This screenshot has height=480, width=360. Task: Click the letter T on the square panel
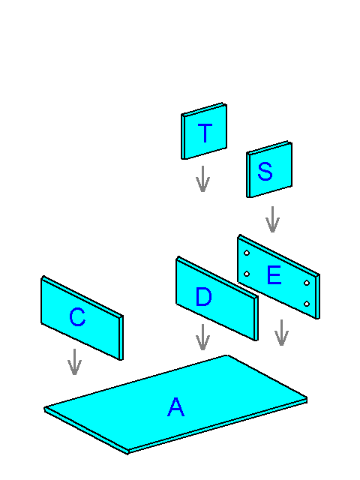point(205,133)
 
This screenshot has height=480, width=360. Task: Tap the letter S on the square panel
point(265,171)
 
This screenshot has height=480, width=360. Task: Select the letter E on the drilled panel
point(274,275)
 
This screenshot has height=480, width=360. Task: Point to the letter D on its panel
point(203,297)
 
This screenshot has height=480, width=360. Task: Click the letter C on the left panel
point(77,316)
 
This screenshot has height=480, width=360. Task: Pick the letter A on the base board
point(176,406)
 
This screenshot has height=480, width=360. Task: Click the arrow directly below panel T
point(202,179)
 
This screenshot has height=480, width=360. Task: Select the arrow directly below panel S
point(272,220)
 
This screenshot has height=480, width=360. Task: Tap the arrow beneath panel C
point(74,361)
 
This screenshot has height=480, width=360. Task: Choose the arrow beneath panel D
point(202,337)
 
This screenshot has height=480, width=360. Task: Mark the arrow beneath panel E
point(281,333)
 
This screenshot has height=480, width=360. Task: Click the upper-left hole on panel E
point(247,253)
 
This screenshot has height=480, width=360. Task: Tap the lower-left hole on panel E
point(247,274)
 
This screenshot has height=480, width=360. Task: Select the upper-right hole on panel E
point(307,283)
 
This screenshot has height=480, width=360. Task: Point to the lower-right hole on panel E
point(307,304)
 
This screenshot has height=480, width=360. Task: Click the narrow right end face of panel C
point(121,337)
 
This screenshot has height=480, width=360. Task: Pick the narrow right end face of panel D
point(256,318)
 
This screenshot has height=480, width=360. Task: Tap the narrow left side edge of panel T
point(183,136)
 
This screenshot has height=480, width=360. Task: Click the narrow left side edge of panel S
point(249,175)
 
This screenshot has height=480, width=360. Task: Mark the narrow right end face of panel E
point(318,297)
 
